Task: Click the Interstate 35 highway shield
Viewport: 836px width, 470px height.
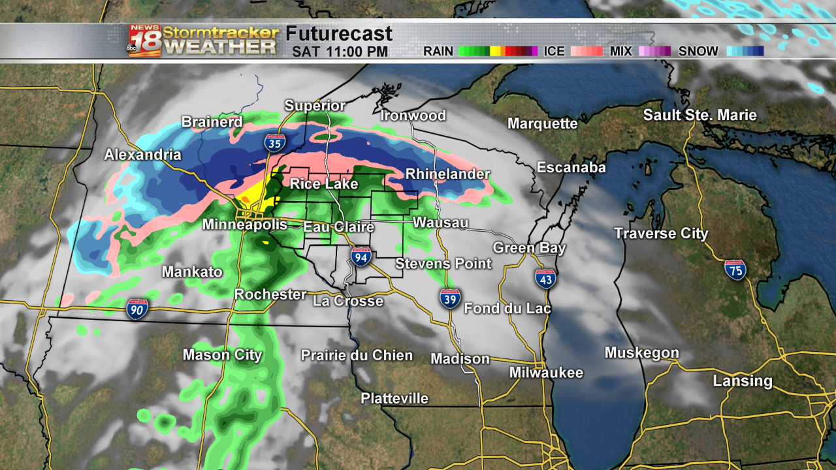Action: click(x=274, y=142)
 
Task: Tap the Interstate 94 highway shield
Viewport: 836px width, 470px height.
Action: click(x=361, y=257)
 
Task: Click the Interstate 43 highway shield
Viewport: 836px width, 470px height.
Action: click(x=545, y=278)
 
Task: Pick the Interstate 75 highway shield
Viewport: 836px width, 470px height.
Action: click(x=735, y=269)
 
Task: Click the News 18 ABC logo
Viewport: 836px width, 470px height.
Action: click(x=144, y=40)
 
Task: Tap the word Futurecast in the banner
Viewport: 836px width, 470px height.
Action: click(x=339, y=34)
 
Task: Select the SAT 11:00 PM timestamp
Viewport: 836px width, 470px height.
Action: click(x=340, y=52)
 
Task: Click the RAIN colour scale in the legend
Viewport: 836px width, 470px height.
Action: click(x=497, y=51)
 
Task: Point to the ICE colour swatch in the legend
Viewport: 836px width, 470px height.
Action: click(x=587, y=51)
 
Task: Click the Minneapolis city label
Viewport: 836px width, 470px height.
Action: click(x=245, y=225)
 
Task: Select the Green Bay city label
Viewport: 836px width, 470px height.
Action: click(x=530, y=248)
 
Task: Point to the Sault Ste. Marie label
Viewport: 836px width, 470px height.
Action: click(x=699, y=116)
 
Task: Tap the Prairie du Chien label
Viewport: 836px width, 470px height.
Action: click(x=357, y=355)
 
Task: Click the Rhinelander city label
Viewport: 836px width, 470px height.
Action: click(x=447, y=174)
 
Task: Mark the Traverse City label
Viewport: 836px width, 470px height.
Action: click(x=661, y=234)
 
